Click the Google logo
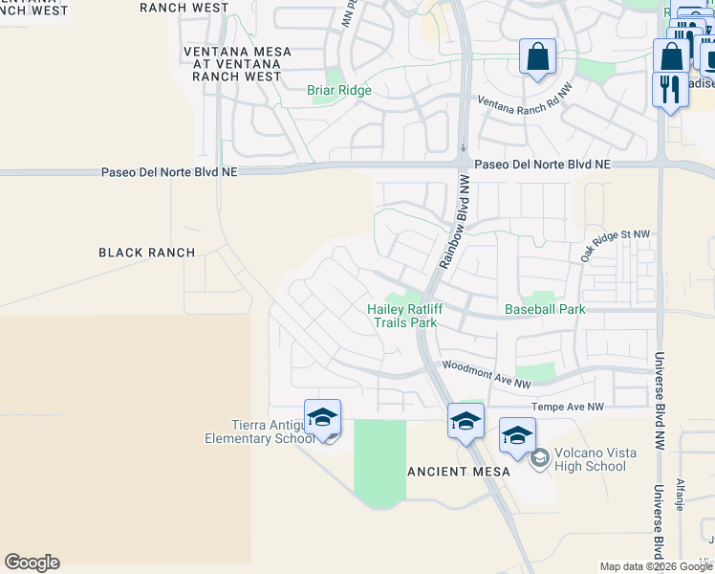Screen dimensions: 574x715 [x=32, y=563]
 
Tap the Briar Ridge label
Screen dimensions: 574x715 [x=338, y=91]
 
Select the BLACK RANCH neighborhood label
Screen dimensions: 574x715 [x=147, y=253]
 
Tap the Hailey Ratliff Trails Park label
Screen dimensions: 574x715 [x=402, y=316]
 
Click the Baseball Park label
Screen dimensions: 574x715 [x=545, y=309]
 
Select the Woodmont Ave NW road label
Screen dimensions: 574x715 [x=486, y=374]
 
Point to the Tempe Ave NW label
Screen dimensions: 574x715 [x=569, y=407]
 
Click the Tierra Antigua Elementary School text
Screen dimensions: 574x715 [x=258, y=431]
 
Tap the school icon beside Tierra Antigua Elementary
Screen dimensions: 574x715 [x=323, y=417]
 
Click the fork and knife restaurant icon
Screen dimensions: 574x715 [x=670, y=89]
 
